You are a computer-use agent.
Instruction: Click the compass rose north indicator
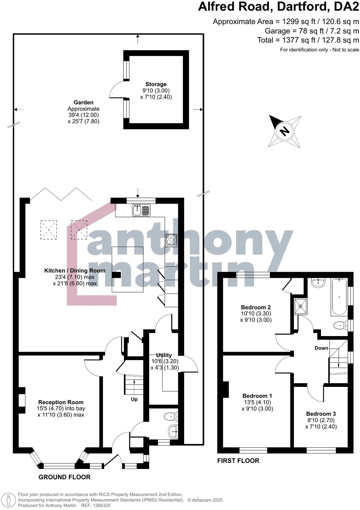[285, 131]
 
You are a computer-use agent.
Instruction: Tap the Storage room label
[156, 84]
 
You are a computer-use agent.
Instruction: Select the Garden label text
[83, 102]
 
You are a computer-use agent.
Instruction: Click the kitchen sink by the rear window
[141, 210]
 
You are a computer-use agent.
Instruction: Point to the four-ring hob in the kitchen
[171, 240]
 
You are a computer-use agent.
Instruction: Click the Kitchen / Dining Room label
[75, 271]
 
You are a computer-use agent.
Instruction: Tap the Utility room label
[164, 355]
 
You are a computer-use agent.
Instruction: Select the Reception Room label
[61, 402]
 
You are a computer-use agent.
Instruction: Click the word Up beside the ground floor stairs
[134, 399]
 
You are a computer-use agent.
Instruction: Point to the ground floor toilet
[171, 416]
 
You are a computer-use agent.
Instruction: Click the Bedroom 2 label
[256, 307]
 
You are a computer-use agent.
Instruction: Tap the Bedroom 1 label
[257, 396]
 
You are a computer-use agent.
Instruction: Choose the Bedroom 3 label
[321, 414]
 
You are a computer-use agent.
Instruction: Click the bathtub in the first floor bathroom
[339, 297]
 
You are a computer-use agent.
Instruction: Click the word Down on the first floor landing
[321, 348]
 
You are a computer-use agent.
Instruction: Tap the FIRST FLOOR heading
[238, 461]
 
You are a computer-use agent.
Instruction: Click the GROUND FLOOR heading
[64, 477]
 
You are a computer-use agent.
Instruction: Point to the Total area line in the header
[308, 40]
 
